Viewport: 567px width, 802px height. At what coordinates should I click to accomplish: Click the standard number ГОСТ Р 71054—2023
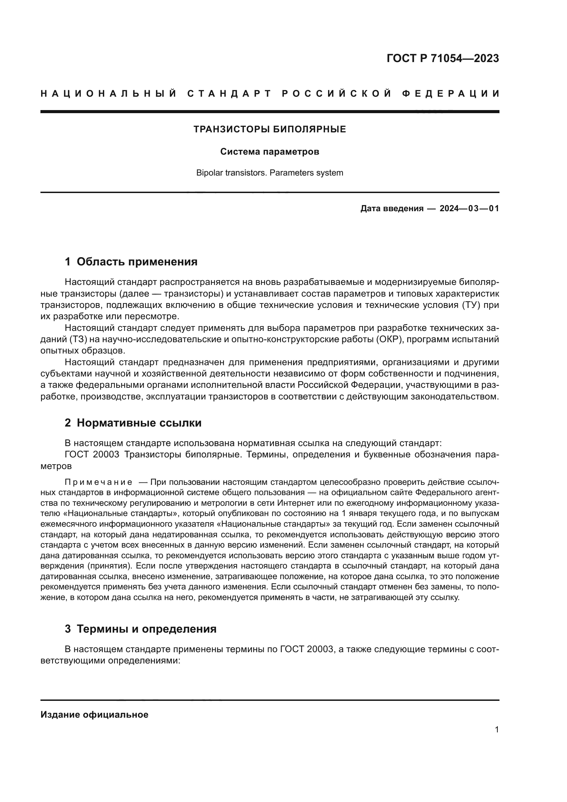[x=442, y=58]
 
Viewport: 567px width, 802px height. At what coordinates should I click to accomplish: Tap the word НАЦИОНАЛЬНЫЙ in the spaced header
[x=109, y=94]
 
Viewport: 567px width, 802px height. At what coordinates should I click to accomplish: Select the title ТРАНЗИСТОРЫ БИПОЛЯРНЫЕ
[x=269, y=129]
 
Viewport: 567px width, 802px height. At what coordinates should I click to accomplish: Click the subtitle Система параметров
[x=269, y=152]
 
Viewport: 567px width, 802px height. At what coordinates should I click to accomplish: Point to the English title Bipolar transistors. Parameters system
[x=269, y=173]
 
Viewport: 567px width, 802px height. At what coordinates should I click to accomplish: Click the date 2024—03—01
[x=469, y=208]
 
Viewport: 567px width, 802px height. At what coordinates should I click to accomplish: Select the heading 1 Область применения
[x=131, y=262]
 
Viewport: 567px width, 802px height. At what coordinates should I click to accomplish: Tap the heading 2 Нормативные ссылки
[x=133, y=423]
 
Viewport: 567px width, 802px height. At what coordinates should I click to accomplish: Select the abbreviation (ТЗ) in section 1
[x=78, y=339]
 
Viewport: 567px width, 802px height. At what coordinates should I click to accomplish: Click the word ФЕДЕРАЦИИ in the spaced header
[x=451, y=94]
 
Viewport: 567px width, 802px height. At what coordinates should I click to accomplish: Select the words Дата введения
[x=391, y=208]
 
